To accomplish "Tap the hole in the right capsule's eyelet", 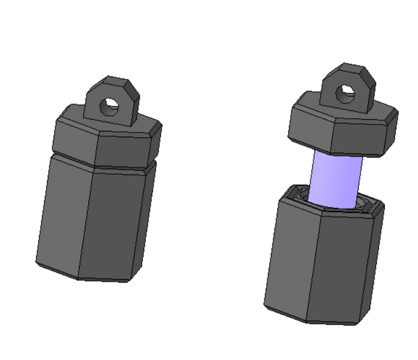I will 345,93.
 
